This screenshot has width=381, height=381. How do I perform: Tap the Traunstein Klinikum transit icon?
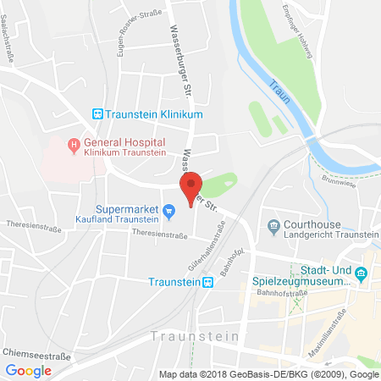click(x=97, y=113)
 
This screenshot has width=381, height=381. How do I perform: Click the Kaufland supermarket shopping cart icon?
click(x=168, y=210)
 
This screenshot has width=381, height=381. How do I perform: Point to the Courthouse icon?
click(x=273, y=224)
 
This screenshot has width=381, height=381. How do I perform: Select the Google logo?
click(x=29, y=370)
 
